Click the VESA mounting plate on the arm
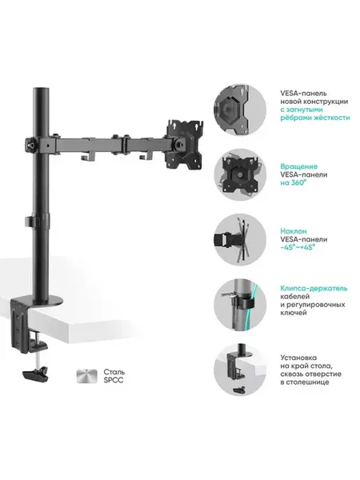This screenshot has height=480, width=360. [x=185, y=144]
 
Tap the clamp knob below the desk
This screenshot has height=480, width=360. [x=36, y=374]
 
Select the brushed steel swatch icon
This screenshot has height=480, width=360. [x=87, y=376]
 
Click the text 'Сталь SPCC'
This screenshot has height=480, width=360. [x=114, y=376]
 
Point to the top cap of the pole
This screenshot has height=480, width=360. [x=41, y=90]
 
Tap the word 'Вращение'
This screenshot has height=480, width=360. [x=298, y=166]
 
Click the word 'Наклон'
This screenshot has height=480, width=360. [x=294, y=231]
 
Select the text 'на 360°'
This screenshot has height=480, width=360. [x=294, y=182]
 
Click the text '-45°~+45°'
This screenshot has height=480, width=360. [x=298, y=247]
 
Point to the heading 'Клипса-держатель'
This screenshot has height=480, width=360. [x=314, y=288]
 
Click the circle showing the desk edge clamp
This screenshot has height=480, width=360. [x=240, y=370]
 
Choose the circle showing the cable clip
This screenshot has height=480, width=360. [x=240, y=305]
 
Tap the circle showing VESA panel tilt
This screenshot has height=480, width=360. [x=240, y=239]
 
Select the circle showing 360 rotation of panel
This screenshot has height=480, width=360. [x=240, y=174]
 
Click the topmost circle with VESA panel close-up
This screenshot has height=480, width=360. [x=240, y=110]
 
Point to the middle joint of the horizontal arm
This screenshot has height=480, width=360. [x=125, y=143]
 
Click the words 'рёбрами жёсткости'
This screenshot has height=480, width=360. [x=315, y=118]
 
